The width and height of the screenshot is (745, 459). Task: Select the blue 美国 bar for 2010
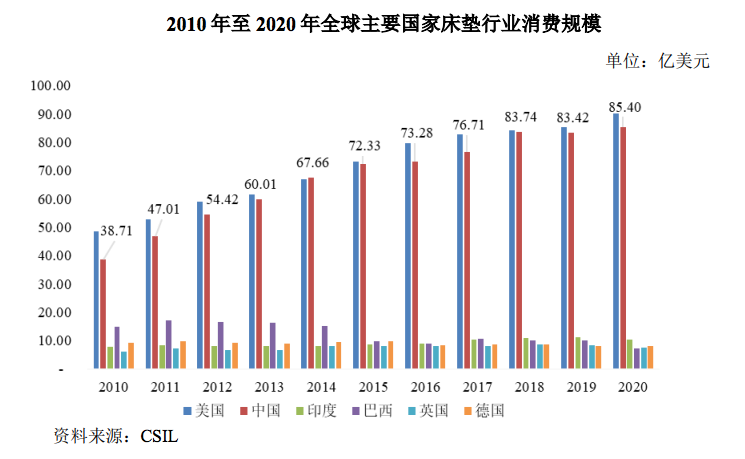coord(96,300)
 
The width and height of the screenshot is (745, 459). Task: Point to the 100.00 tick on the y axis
coord(49,86)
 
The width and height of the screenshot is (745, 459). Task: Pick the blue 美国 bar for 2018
coord(512,249)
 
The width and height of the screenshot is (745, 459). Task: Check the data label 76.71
coord(485,126)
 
